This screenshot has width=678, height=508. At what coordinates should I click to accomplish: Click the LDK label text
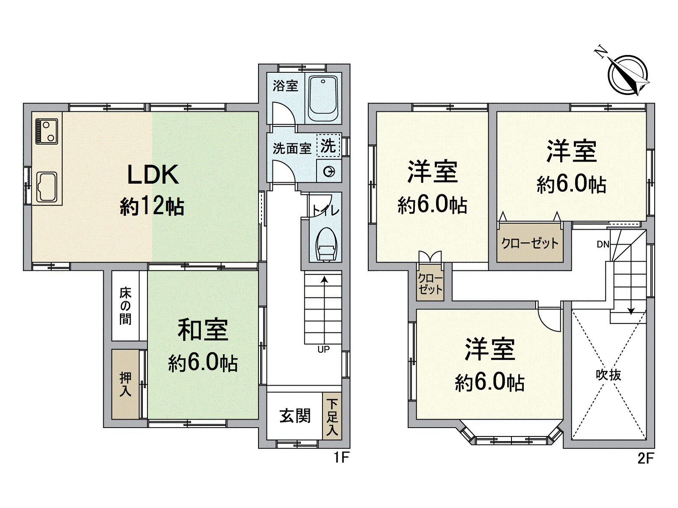point(153,175)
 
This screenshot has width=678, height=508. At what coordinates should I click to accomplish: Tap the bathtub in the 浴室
point(323,98)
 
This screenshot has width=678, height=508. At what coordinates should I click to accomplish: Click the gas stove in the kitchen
point(47,131)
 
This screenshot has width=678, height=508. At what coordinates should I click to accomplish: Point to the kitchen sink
point(47,187)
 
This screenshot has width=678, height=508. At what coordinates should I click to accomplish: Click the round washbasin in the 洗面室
point(329,171)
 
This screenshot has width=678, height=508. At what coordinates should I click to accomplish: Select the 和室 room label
point(203,330)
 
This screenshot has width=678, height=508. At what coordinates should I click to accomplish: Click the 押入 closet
point(125,384)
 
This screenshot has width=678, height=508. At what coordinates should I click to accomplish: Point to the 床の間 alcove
point(125,306)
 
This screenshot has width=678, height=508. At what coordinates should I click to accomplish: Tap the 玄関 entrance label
point(295,416)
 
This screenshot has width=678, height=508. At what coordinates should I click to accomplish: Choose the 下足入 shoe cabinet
point(332,416)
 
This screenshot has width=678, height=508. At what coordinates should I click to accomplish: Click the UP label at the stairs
point(323,350)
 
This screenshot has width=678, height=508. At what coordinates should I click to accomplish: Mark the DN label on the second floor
point(603,245)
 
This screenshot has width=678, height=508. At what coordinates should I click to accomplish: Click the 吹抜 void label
point(608,375)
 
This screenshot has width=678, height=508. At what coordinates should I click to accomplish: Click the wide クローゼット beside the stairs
point(530,243)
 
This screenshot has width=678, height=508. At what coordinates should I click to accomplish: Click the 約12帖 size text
point(152,206)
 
